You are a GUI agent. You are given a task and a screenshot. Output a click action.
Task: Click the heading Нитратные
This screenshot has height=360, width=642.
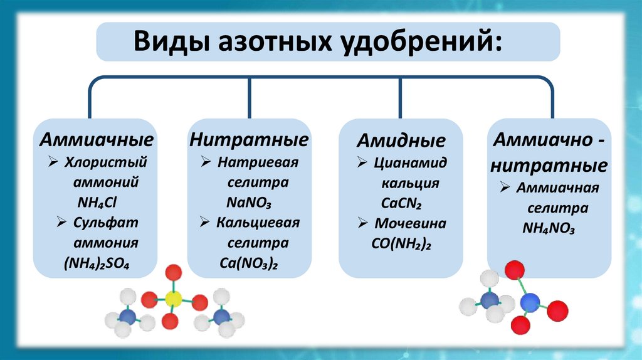click(x=250, y=139)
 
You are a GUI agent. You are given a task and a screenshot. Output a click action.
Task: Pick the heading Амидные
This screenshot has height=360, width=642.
click(x=401, y=140)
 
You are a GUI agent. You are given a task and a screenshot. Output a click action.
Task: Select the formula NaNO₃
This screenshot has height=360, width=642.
click(x=250, y=202)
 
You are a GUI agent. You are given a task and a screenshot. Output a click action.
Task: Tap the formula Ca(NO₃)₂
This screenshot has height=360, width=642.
click(x=250, y=263)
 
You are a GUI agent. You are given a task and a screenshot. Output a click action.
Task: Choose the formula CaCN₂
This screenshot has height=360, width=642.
click(x=401, y=204)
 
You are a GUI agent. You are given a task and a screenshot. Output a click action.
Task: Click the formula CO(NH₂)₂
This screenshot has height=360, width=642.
click(x=401, y=244)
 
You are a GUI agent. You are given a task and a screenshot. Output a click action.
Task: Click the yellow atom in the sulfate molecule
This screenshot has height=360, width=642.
click(x=174, y=299)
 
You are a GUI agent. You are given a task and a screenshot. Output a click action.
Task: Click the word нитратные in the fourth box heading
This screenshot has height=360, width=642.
click(x=549, y=166)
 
